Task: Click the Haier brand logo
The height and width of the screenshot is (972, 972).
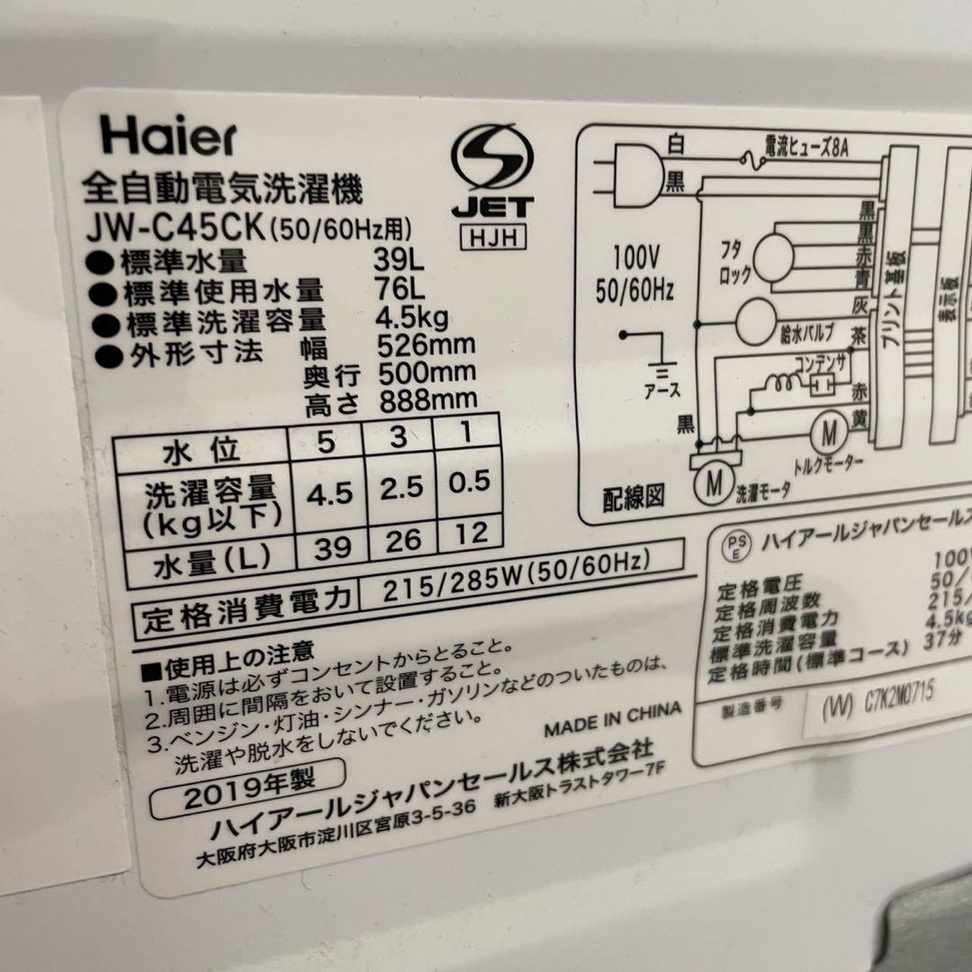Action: pos(169,138)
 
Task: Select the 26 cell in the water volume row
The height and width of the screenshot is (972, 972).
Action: pos(400,541)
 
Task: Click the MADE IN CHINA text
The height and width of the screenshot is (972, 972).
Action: pos(612,715)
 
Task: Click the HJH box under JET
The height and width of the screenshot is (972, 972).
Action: pos(491,238)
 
